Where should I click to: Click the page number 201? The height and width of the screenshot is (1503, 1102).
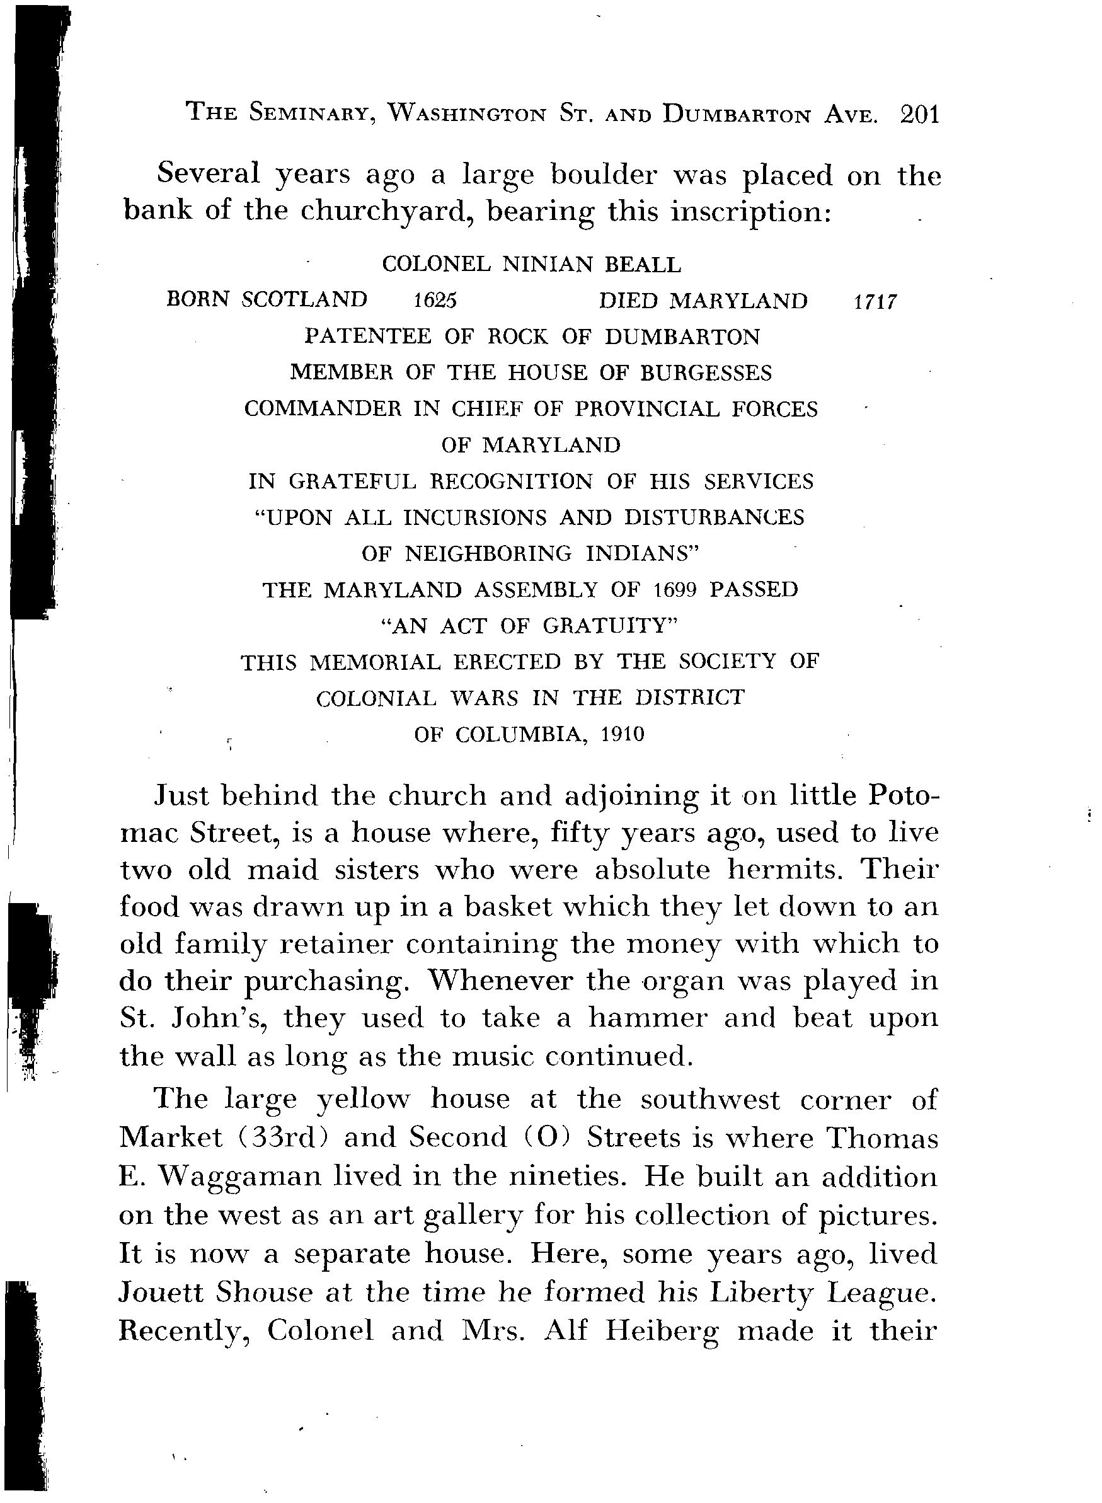(919, 115)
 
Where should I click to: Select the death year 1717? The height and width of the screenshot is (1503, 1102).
(875, 302)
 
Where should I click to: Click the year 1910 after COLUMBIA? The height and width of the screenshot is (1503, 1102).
(623, 735)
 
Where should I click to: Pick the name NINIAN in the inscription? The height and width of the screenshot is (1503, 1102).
(547, 265)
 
